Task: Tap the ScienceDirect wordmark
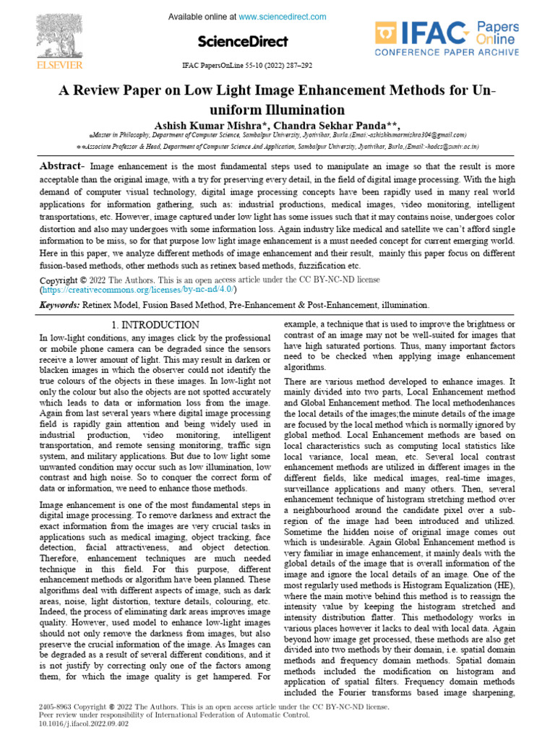[241, 41]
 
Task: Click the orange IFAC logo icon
[387, 34]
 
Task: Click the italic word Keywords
[59, 306]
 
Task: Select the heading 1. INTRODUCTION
[156, 325]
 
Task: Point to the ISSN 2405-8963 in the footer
[56, 705]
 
